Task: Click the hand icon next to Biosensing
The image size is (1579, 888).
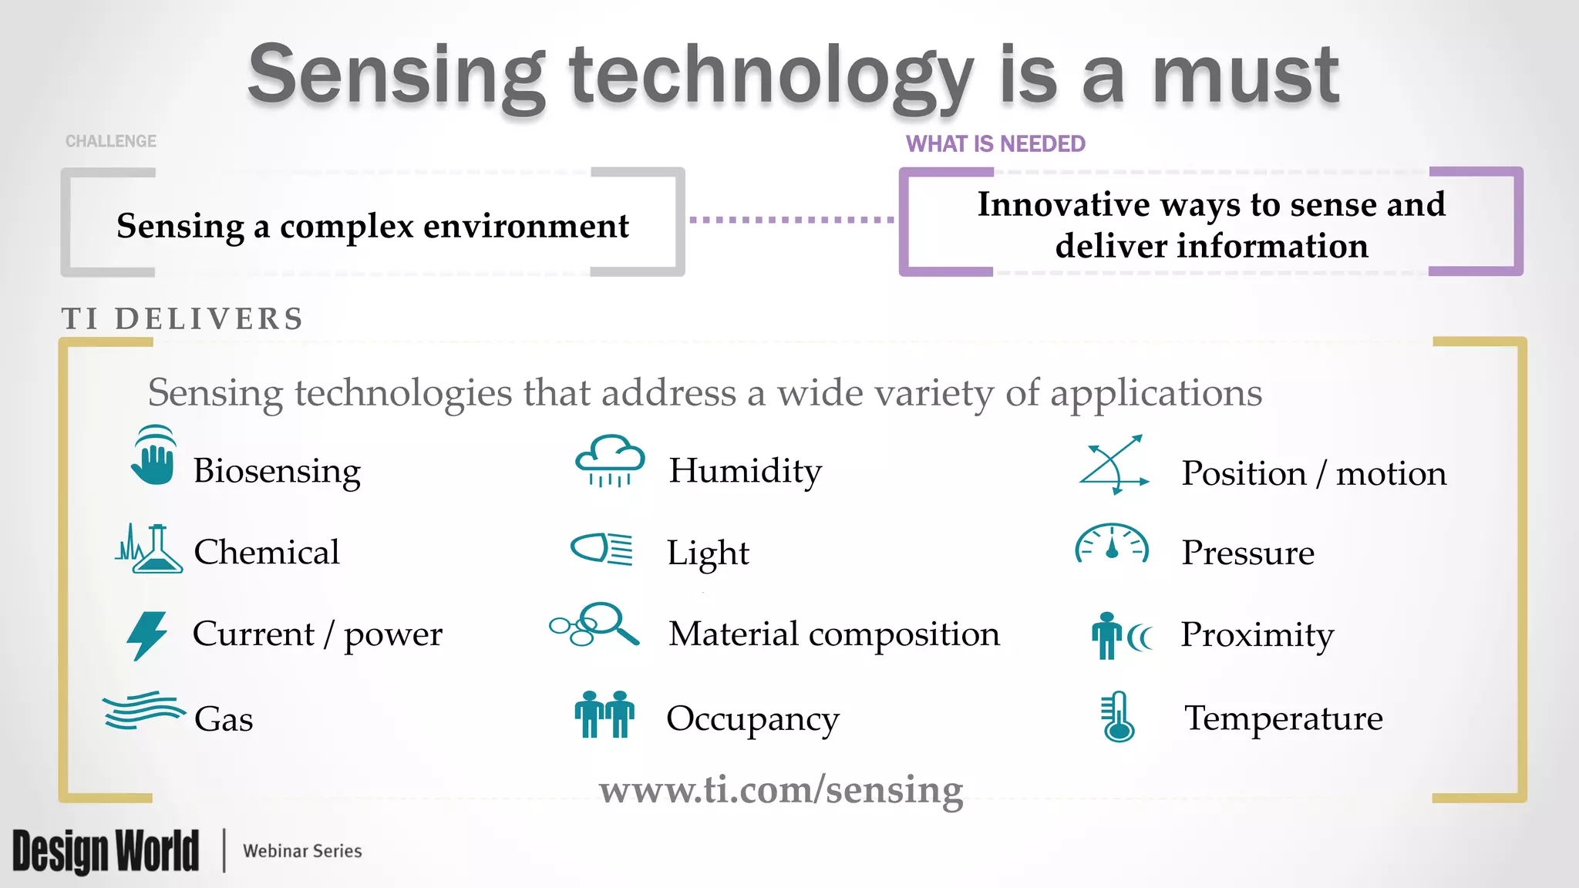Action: click(x=153, y=457)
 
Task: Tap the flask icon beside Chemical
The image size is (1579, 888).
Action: click(x=150, y=550)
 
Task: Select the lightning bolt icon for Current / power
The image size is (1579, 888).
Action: click(x=146, y=635)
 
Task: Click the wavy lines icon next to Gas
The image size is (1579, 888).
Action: click(x=143, y=710)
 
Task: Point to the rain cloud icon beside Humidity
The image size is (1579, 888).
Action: click(x=610, y=461)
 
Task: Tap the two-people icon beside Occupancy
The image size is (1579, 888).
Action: click(x=604, y=715)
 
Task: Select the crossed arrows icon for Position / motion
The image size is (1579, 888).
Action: click(x=1114, y=465)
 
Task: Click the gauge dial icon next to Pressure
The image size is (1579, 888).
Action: click(x=1112, y=544)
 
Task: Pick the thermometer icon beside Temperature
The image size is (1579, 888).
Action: click(x=1117, y=717)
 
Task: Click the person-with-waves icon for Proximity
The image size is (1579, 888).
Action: click(x=1120, y=636)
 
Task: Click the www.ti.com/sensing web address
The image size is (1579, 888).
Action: click(x=781, y=789)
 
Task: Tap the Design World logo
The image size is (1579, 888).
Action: click(x=106, y=851)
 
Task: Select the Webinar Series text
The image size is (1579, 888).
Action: click(x=302, y=851)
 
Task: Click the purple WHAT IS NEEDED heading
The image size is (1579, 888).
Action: click(x=995, y=144)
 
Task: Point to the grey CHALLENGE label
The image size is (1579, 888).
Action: click(x=111, y=141)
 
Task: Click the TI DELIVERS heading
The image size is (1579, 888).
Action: click(x=183, y=319)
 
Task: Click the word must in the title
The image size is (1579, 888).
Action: click(x=1245, y=76)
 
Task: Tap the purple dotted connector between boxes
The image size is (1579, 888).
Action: click(x=792, y=220)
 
